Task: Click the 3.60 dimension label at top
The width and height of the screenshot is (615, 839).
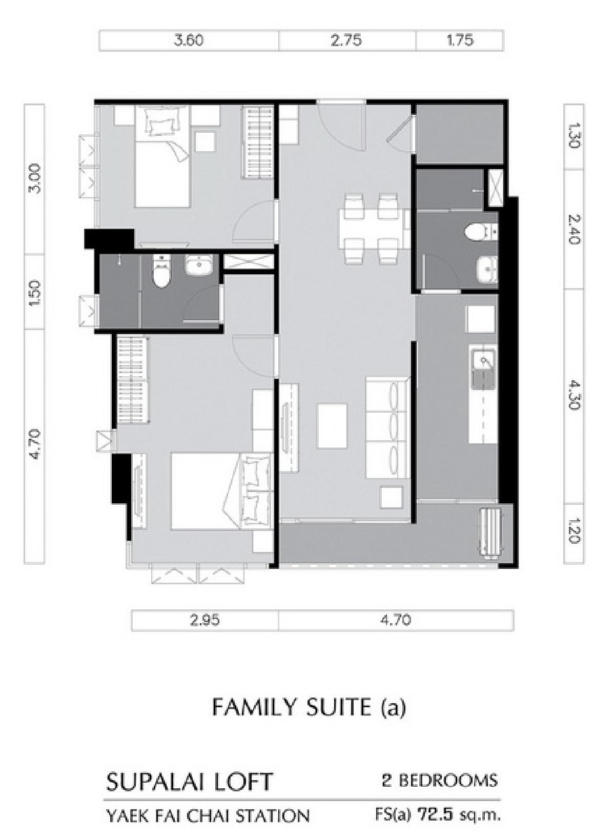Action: tap(189, 40)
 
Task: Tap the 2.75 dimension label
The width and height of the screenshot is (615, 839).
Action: tap(346, 40)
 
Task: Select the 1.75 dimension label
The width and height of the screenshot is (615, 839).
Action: tap(460, 40)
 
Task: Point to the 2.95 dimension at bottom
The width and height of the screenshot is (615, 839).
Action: tap(205, 621)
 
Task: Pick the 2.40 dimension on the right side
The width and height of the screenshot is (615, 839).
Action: tap(574, 229)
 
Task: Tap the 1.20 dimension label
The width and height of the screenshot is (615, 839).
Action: tap(574, 530)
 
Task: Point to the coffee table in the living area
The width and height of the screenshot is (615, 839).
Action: tap(332, 425)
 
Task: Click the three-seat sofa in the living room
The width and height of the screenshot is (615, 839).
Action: tap(387, 428)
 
